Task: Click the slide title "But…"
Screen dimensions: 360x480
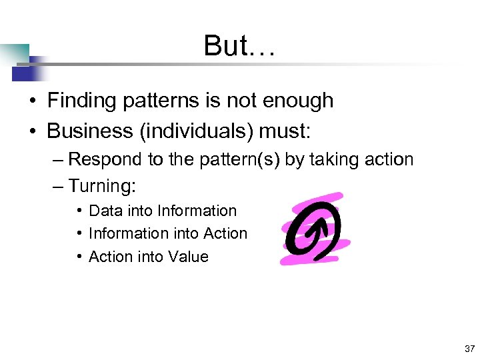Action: [x=239, y=45]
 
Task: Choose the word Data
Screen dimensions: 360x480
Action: [x=104, y=211]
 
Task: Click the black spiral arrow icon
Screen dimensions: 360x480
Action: [x=312, y=229]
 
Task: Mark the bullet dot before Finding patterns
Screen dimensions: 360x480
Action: [x=32, y=101]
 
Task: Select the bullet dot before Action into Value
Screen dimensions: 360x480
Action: [x=79, y=257]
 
